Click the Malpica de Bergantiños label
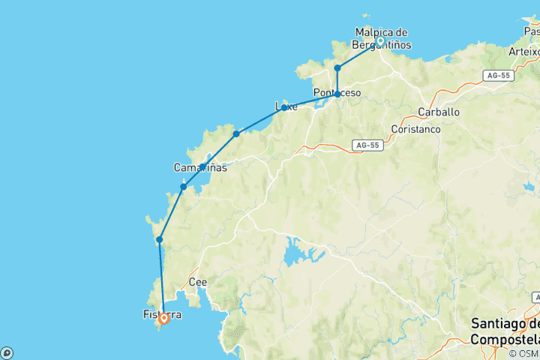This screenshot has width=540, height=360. pyautogui.click(x=381, y=38)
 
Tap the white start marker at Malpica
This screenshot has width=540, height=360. pyautogui.click(x=380, y=41)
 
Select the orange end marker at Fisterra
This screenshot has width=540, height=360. pyautogui.click(x=163, y=318)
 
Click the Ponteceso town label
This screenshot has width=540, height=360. pyautogui.click(x=337, y=93)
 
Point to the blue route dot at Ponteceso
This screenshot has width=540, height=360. pyautogui.click(x=337, y=94)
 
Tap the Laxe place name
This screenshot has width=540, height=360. pyautogui.click(x=286, y=106)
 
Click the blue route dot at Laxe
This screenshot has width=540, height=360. pyautogui.click(x=284, y=107)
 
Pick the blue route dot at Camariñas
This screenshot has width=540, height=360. pyautogui.click(x=202, y=166)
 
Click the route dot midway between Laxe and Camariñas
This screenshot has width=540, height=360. pyautogui.click(x=236, y=133)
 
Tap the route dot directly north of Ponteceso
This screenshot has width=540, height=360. pyautogui.click(x=337, y=68)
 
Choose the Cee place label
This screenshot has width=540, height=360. pyautogui.click(x=198, y=283)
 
